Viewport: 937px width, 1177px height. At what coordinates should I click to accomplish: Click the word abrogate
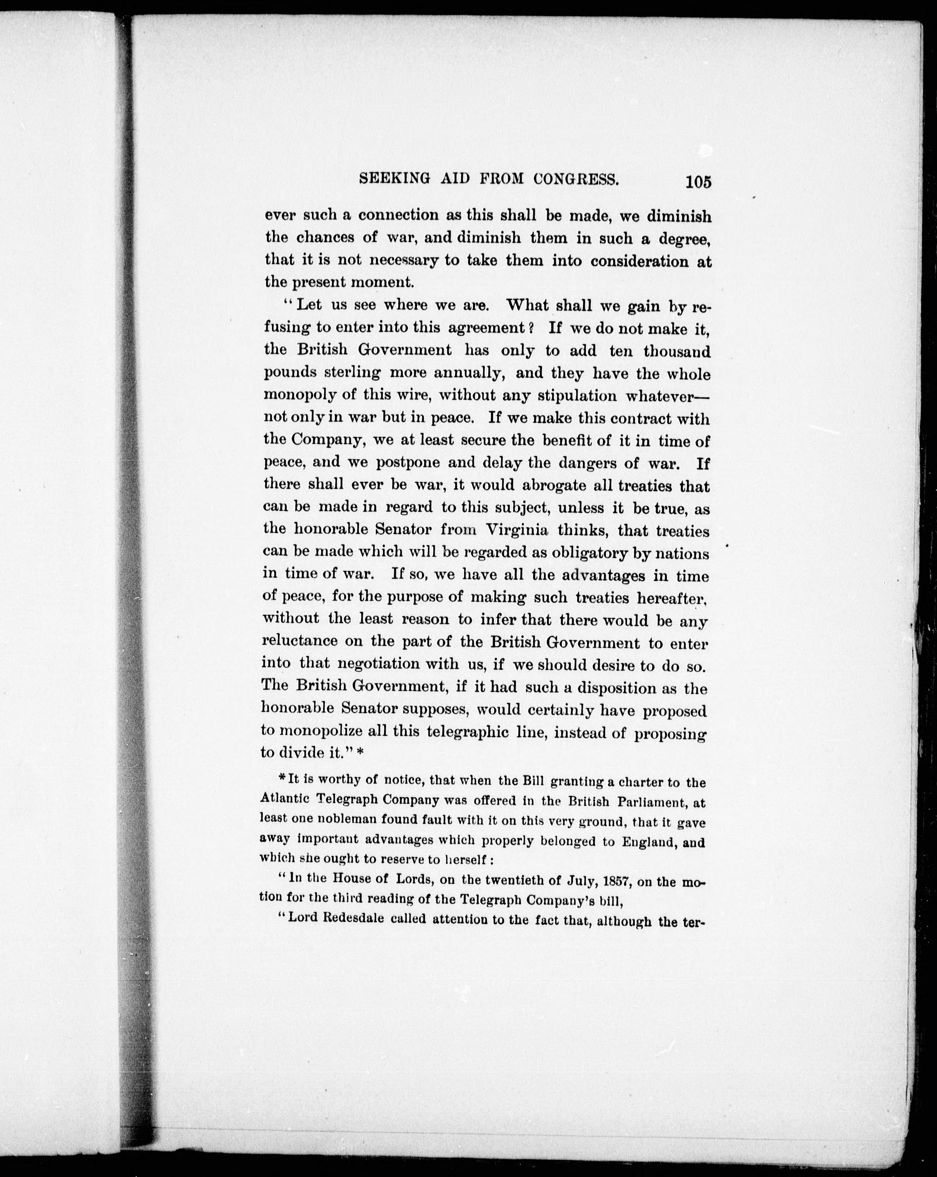[505, 485]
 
